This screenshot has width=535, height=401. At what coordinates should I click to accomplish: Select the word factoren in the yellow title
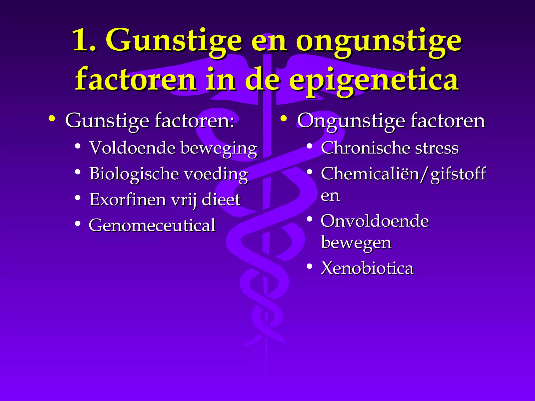[136, 79]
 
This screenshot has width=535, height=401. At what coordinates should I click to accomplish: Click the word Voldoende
[132, 148]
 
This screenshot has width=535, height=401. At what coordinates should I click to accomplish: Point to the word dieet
[221, 200]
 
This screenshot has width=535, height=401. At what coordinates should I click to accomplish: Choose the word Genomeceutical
[152, 225]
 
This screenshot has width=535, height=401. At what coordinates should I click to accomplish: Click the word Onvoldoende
[375, 221]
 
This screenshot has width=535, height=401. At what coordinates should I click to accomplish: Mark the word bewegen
[356, 243]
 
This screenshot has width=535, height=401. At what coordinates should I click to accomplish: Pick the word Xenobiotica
[367, 268]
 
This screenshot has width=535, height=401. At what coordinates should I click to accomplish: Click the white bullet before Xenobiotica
[310, 267]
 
